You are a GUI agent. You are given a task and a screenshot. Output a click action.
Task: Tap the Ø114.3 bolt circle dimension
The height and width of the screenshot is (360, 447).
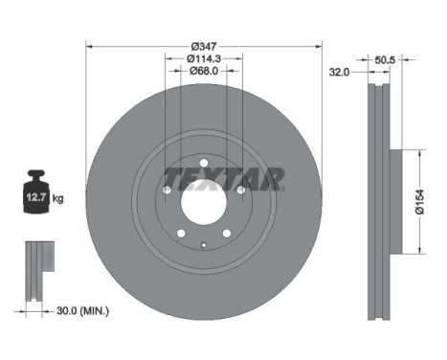[x=203, y=58]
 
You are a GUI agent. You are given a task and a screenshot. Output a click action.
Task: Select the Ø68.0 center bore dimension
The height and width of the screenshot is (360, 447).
[x=203, y=71]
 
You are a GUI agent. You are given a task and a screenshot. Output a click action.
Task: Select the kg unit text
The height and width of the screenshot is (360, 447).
[x=57, y=199]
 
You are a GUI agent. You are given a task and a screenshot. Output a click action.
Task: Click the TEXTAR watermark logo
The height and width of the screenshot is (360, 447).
[x=224, y=178]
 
